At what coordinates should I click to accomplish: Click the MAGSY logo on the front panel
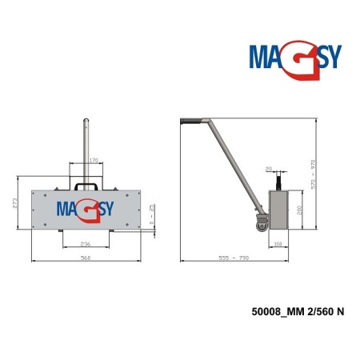click(x=85, y=209)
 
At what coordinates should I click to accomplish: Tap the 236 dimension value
click(x=85, y=245)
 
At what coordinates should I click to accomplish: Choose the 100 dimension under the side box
click(x=278, y=243)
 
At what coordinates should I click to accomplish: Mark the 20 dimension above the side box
click(x=268, y=169)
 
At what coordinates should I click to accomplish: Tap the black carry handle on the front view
click(x=85, y=182)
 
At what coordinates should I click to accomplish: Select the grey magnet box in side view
click(x=280, y=210)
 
